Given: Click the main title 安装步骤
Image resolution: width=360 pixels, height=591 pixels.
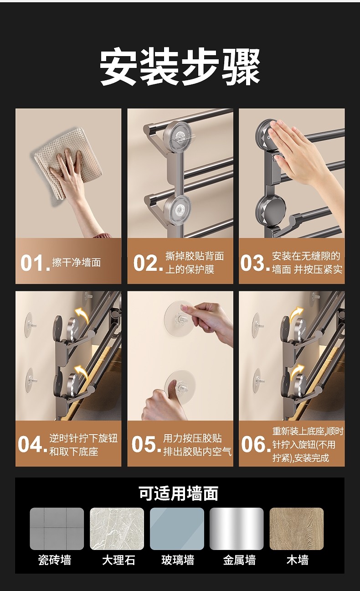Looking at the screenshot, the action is point(180,67).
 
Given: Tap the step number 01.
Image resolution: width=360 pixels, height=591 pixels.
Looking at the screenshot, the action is point(35,263).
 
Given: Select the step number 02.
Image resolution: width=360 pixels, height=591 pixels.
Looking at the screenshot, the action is point(148,263).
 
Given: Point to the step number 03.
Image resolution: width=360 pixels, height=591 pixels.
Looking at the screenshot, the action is point(255,263).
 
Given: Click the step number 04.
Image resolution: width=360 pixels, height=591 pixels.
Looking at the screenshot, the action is point(32,444).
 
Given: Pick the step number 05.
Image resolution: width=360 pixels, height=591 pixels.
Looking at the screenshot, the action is point(146,444).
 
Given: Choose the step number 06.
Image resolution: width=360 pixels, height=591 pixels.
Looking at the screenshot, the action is point(256,444).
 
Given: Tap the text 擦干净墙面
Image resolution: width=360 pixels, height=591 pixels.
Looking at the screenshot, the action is point(77,263).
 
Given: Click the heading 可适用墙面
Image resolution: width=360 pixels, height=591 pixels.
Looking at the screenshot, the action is point(179,493).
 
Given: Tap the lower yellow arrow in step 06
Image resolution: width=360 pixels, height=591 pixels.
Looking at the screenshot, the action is point(297,372).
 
